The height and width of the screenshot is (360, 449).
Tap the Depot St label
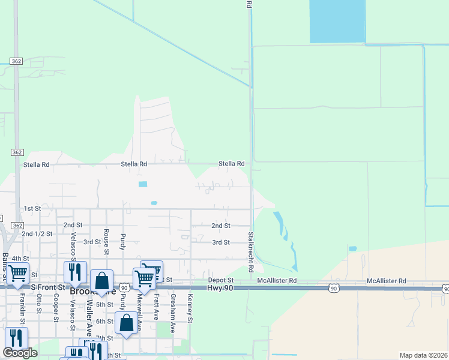[220, 280]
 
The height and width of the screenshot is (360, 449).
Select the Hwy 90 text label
[221, 289]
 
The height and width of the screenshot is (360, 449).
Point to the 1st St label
[31, 208]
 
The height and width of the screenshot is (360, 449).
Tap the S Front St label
[47, 288]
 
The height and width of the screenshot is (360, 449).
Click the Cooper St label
[55, 307]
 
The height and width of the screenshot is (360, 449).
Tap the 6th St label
[106, 321]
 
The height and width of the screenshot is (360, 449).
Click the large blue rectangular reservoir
[337, 21]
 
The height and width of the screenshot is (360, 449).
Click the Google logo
[20, 353]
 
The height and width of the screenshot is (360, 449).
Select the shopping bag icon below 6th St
[127, 323]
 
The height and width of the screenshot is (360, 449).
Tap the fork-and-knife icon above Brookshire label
[75, 271]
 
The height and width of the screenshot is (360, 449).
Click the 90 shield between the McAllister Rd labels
[333, 289]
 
